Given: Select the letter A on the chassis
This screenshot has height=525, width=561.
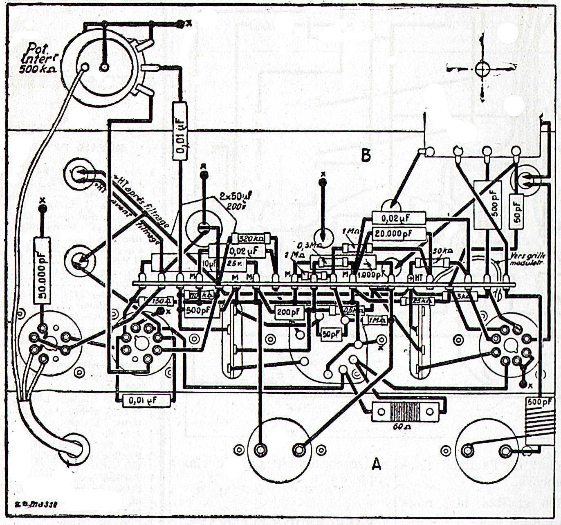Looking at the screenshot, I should pyautogui.click(x=376, y=464).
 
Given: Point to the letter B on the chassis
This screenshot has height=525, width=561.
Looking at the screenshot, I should pyautogui.click(x=366, y=155).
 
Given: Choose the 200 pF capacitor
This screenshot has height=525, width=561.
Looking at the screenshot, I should pyautogui.click(x=288, y=313).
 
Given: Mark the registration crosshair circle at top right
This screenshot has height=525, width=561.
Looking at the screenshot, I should pyautogui.click(x=482, y=68).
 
